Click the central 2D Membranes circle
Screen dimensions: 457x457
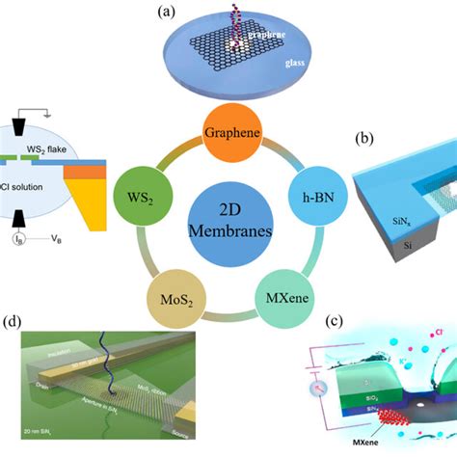[228, 221]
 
